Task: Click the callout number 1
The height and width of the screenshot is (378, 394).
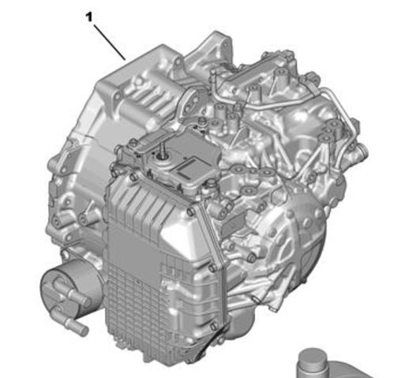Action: click(89, 17)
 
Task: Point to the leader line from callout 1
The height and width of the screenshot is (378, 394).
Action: click(110, 43)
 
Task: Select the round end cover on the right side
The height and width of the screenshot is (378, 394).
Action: click(295, 237)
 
